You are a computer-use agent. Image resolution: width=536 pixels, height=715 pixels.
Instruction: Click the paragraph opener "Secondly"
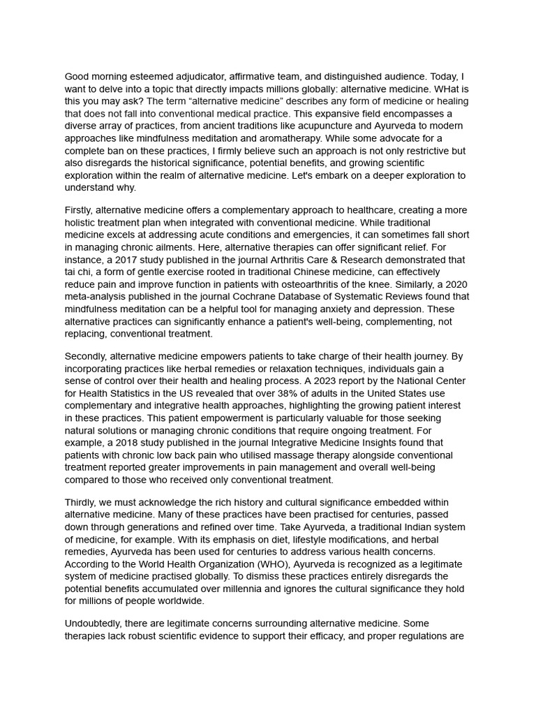pyautogui.click(x=87, y=356)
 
